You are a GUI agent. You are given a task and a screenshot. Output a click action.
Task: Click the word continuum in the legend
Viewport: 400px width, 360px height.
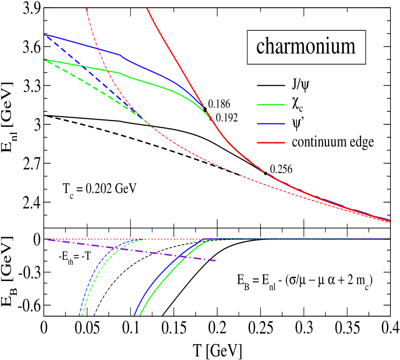(x=320, y=143)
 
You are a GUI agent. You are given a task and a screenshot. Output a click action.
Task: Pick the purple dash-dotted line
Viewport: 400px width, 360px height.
(x=145, y=251)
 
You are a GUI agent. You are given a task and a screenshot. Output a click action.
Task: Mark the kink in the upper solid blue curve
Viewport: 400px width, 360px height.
(x=120, y=55)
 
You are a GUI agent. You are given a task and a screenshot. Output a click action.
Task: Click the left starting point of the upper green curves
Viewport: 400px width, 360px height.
(x=45, y=60)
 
